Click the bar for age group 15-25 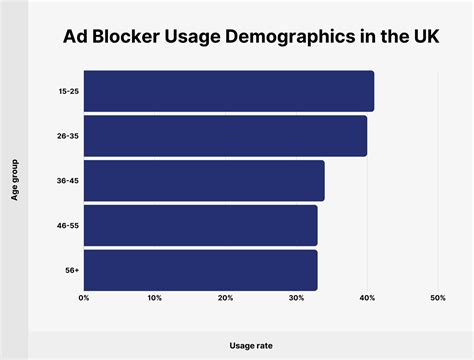pyautogui.click(x=228, y=91)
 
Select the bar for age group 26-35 pyautogui.click(x=225, y=136)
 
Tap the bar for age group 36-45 pyautogui.click(x=204, y=181)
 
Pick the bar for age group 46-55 pyautogui.click(x=200, y=226)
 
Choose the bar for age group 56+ pyautogui.click(x=200, y=270)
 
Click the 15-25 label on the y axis pyautogui.click(x=68, y=91)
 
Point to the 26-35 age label pyautogui.click(x=68, y=136)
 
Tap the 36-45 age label pyautogui.click(x=68, y=181)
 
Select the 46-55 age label pyautogui.click(x=68, y=226)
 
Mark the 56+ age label pyautogui.click(x=71, y=270)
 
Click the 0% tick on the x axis pyautogui.click(x=84, y=298)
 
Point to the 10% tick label pyautogui.click(x=154, y=298)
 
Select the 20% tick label pyautogui.click(x=225, y=298)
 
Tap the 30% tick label pyautogui.click(x=296, y=298)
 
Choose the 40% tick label pyautogui.click(x=367, y=298)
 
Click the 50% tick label pyautogui.click(x=437, y=298)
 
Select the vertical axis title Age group pyautogui.click(x=16, y=181)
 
